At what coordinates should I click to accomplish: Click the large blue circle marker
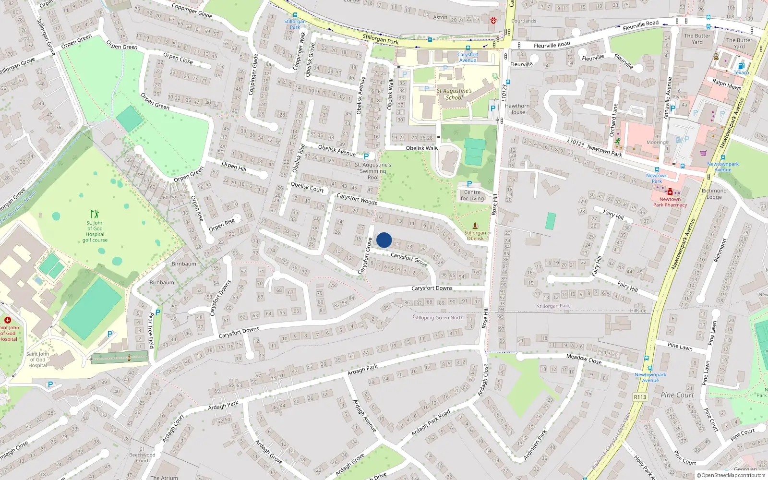click(384, 240)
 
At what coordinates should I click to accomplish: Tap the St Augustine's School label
click(454, 94)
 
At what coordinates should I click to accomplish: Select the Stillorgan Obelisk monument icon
click(475, 225)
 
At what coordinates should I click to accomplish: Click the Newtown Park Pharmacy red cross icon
click(670, 192)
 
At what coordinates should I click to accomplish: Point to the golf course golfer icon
click(95, 214)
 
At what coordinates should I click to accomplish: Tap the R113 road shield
click(640, 396)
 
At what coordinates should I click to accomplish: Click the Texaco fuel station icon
click(741, 66)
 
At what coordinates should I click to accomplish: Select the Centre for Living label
click(472, 195)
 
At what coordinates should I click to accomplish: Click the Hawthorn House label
click(517, 109)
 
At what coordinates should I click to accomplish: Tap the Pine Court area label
click(677, 395)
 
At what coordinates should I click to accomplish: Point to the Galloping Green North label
click(438, 317)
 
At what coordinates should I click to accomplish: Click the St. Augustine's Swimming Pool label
click(373, 171)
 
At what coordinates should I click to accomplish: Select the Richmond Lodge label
click(714, 194)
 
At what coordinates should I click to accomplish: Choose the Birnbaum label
click(184, 264)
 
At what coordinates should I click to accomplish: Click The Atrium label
click(164, 478)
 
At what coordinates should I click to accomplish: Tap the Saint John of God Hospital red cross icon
click(7, 320)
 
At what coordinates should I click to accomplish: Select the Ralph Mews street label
click(727, 84)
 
